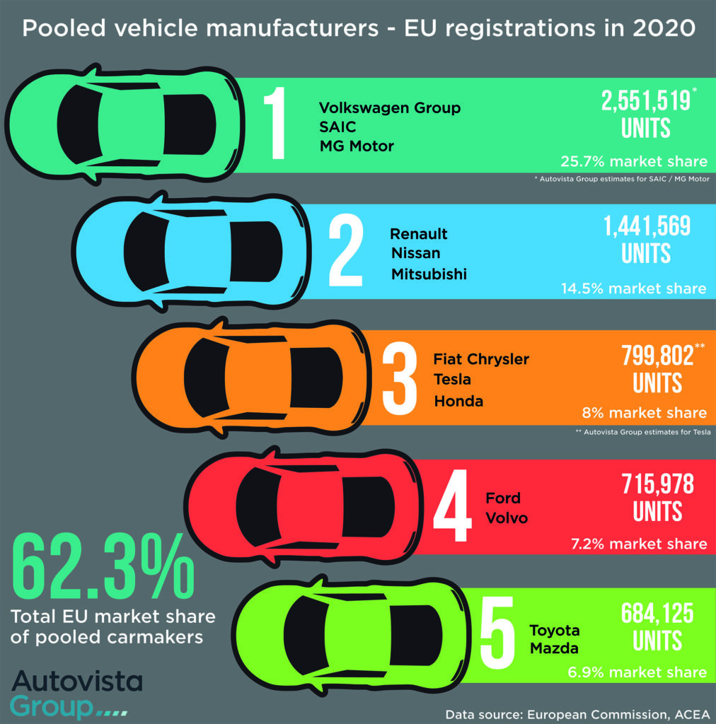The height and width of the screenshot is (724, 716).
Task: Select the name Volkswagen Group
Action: coord(389,108)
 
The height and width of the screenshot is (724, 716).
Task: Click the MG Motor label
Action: coord(357,146)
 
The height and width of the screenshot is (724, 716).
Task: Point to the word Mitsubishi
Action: coord(429,274)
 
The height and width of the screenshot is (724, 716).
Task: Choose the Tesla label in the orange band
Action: coord(452,380)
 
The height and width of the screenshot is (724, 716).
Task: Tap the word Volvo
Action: coord(507,518)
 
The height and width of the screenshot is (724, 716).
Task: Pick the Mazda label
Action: coord(555,648)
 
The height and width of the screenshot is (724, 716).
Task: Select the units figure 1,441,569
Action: coord(647,227)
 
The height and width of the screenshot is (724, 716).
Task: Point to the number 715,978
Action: coord(657,484)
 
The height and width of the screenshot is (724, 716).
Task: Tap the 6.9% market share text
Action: coord(637,672)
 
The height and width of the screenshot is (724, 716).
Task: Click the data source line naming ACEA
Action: coord(576,714)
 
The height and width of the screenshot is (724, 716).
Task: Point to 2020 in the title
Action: coord(654,29)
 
